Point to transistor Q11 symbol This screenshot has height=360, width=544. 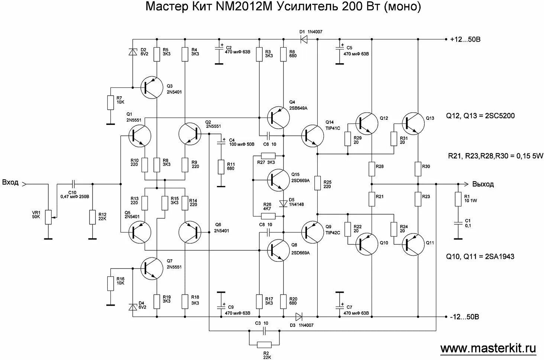[x=413, y=244]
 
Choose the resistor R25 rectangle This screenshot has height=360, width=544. [x=317, y=183]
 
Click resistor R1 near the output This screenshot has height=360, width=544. [x=458, y=200]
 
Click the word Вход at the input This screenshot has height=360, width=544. [x=10, y=183]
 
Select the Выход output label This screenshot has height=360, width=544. [x=483, y=184]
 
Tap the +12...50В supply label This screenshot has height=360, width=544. [x=465, y=39]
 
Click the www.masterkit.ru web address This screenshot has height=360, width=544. [x=488, y=348]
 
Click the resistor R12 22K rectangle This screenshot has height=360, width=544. [x=93, y=217]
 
